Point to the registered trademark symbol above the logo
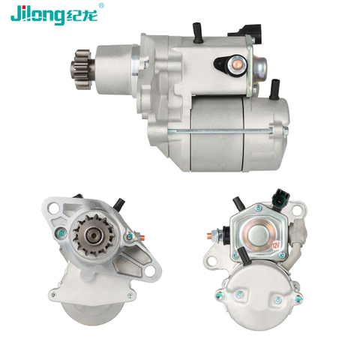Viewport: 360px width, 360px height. (x=101, y=5)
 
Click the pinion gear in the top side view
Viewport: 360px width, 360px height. (x=82, y=70)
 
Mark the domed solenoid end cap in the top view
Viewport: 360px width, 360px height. (x=260, y=67)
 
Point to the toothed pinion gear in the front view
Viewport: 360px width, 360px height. (x=94, y=235)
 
